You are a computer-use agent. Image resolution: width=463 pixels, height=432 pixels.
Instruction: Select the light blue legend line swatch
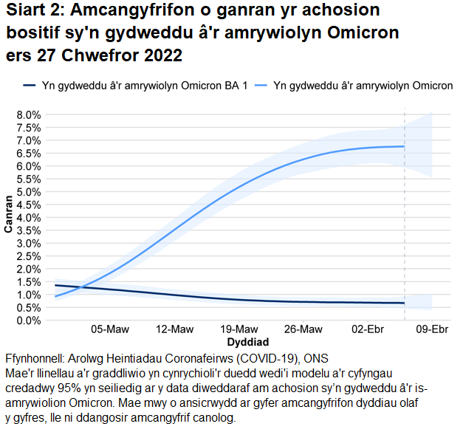click(x=260, y=86)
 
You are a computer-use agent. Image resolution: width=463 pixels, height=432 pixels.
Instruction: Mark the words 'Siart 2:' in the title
click(x=34, y=11)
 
